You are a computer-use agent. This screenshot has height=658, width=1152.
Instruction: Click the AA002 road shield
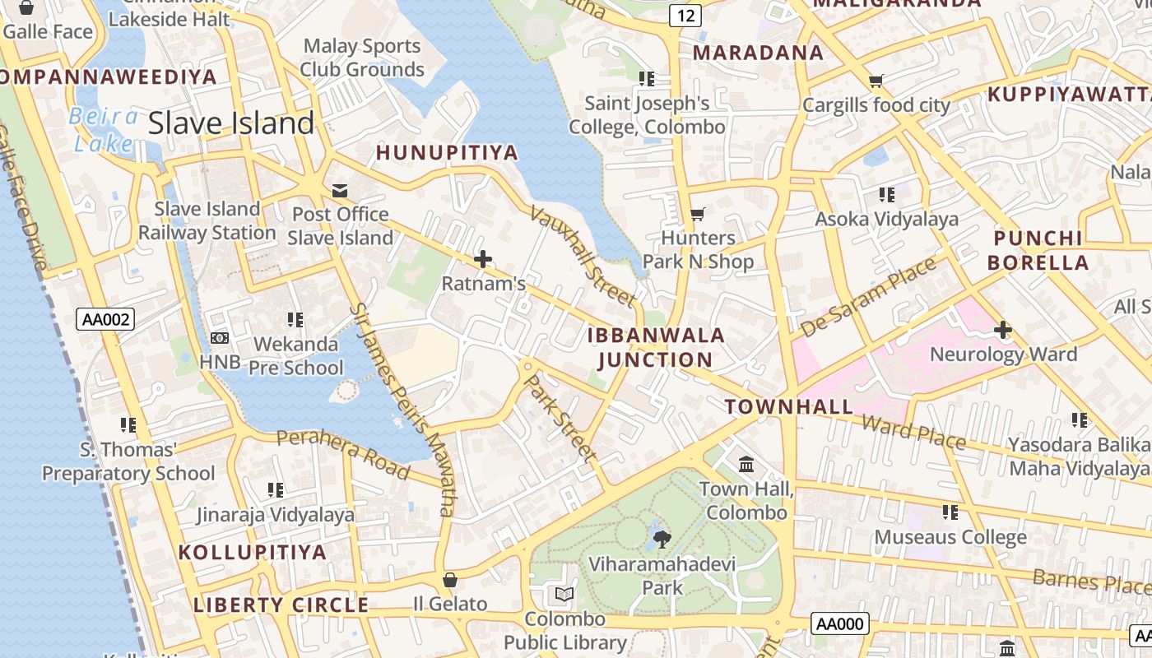click(x=105, y=319)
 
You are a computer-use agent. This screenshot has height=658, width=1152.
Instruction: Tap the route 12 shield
click(x=685, y=15)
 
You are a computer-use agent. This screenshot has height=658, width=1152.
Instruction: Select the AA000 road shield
click(x=839, y=623)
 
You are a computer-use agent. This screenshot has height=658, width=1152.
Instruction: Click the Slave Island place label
click(x=231, y=123)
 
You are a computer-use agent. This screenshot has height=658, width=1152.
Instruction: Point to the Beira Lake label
click(x=104, y=130)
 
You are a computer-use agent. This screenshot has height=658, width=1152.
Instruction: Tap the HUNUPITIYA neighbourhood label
click(x=447, y=152)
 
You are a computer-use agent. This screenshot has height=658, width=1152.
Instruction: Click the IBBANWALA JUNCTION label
click(x=656, y=347)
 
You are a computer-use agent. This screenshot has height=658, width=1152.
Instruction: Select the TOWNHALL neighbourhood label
click(x=789, y=406)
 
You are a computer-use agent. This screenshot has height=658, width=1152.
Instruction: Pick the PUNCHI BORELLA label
click(x=1038, y=251)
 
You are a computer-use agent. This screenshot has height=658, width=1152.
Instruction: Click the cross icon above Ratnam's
click(x=483, y=260)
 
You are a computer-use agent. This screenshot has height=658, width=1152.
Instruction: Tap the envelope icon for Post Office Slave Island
click(x=339, y=191)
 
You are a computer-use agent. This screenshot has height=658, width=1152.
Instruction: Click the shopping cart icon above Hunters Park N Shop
click(x=698, y=215)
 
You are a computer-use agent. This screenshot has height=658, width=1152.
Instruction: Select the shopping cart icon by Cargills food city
click(x=876, y=81)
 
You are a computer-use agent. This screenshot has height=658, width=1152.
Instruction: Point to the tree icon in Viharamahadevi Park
click(x=662, y=540)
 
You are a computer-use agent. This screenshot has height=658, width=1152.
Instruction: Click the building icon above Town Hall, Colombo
click(x=746, y=466)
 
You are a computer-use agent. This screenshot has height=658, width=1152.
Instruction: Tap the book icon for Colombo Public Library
click(x=564, y=594)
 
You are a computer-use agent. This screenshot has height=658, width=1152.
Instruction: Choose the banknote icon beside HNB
click(x=220, y=338)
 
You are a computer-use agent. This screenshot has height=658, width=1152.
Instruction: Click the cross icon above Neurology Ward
click(x=1002, y=331)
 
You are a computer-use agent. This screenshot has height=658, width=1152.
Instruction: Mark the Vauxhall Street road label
click(x=582, y=255)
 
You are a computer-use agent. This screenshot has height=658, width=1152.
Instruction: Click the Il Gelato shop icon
click(x=449, y=580)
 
